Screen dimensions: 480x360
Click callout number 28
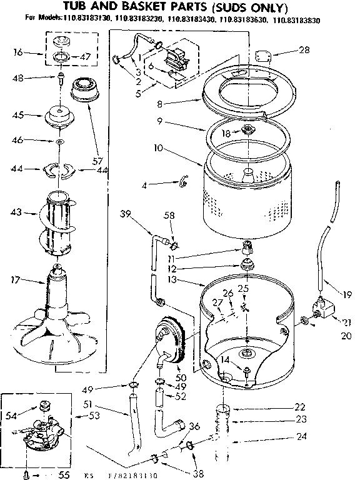coord(304,50)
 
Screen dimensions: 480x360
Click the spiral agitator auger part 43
coord(59,226)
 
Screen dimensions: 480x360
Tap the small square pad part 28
coord(262,56)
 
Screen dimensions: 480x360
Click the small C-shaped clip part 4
coord(183,182)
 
